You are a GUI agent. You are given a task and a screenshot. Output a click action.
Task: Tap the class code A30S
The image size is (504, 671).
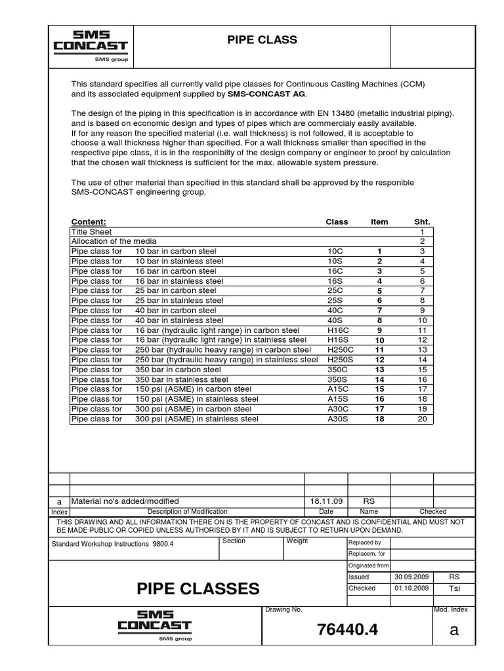[337, 419]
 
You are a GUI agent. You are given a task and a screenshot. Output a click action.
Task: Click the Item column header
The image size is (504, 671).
[379, 222]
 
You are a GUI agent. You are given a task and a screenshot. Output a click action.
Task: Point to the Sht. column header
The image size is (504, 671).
[422, 222]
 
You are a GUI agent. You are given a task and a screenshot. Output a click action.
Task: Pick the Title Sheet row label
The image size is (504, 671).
[91, 232]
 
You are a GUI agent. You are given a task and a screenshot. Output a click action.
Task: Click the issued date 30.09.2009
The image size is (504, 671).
[411, 577]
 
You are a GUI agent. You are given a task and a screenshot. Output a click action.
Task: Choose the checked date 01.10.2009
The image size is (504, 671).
[411, 588]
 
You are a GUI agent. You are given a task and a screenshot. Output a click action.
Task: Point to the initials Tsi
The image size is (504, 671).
[454, 588]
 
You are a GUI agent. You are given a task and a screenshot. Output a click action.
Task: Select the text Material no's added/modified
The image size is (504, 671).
[125, 501]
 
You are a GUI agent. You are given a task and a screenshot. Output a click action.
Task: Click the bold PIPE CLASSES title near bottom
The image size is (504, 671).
[198, 588]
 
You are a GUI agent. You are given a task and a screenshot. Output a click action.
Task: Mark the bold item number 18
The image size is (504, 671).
[379, 419]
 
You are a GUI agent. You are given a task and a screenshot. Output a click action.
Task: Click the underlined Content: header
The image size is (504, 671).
[88, 222]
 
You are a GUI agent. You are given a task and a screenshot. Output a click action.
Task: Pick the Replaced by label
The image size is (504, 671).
[365, 543]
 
